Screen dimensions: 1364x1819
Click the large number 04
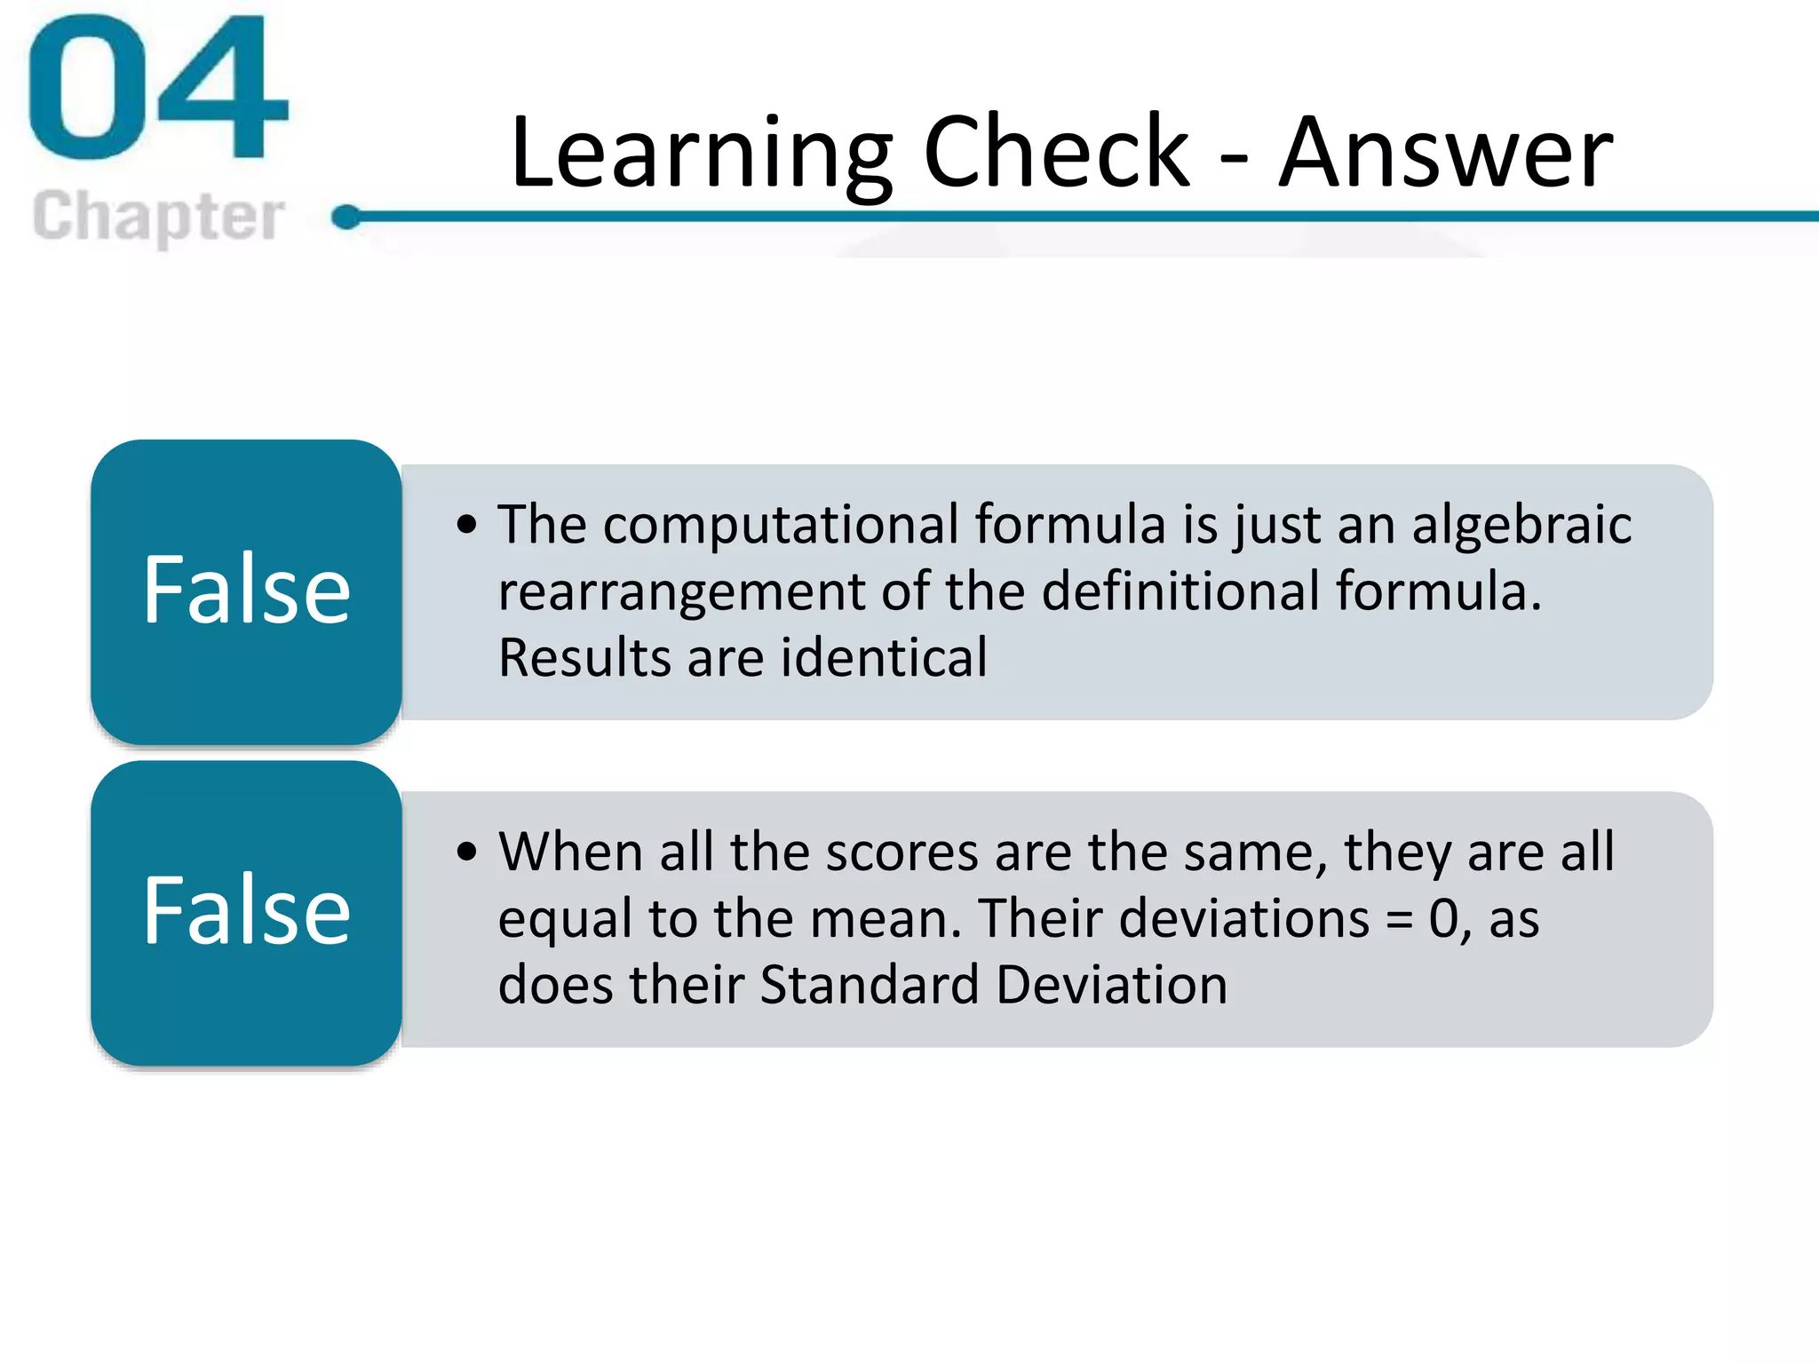(158, 89)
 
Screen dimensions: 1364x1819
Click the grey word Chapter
(158, 216)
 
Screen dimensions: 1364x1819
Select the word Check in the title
(1055, 153)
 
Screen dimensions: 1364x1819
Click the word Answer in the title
(1445, 153)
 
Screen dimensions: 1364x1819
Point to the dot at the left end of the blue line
(346, 216)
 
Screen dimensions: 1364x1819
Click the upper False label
(246, 590)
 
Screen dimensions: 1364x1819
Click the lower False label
(246, 910)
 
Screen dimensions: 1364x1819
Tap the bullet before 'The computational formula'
(467, 524)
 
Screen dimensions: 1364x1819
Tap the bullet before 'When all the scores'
(467, 852)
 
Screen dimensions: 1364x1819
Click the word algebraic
(1521, 526)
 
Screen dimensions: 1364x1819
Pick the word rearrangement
(681, 592)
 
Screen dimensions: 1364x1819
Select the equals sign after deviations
(1400, 920)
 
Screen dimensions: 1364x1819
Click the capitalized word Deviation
(1111, 985)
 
